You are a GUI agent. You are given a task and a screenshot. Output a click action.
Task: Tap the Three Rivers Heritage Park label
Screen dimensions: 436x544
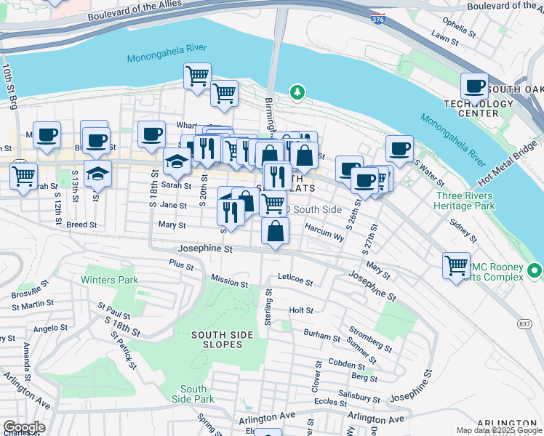(x=464, y=201)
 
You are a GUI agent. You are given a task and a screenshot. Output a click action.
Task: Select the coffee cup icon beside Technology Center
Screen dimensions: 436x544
(x=475, y=86)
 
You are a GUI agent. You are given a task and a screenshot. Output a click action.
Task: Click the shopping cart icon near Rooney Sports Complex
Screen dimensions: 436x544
(x=456, y=265)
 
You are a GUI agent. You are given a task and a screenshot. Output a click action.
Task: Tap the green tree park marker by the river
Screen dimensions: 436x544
(x=297, y=92)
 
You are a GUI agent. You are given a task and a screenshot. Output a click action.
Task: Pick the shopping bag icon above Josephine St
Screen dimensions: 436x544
(x=275, y=232)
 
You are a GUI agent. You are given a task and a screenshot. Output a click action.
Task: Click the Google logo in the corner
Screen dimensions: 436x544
(x=24, y=427)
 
